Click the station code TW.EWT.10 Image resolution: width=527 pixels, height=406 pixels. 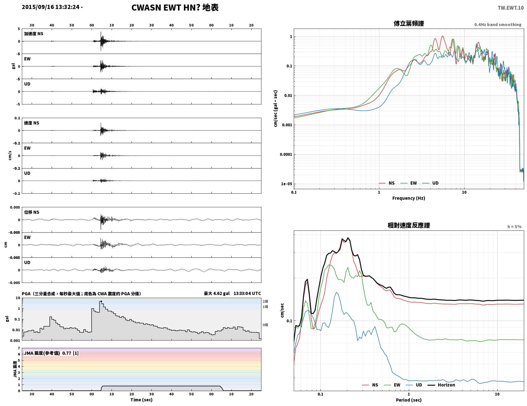click(x=511, y=8)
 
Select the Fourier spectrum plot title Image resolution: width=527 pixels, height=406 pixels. click(x=409, y=23)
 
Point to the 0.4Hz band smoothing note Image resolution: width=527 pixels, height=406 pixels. click(x=498, y=24)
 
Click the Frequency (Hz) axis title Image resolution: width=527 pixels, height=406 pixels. click(x=409, y=198)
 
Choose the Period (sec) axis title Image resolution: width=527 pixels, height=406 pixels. click(x=409, y=400)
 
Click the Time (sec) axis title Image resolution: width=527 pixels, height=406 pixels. click(x=141, y=400)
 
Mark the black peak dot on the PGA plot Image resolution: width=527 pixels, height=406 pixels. click(x=101, y=301)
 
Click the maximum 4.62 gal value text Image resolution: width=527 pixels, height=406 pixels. click(x=216, y=293)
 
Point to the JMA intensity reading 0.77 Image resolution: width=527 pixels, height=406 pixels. click(x=67, y=353)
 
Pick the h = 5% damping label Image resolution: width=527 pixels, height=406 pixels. click(x=514, y=227)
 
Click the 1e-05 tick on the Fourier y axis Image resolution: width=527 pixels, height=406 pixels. click(x=286, y=184)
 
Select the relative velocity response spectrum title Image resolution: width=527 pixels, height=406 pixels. click(x=409, y=225)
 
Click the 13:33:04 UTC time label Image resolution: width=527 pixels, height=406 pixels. click(x=247, y=293)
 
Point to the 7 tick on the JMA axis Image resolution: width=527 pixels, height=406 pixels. click(x=19, y=348)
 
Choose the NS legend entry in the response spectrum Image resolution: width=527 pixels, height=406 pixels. click(x=370, y=385)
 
